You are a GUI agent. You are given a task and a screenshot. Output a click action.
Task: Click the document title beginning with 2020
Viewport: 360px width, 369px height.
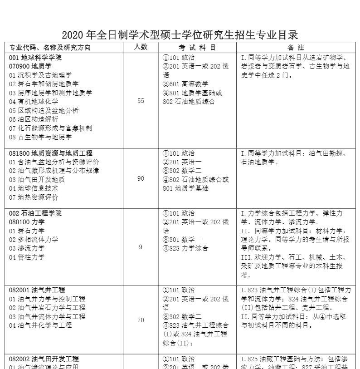point(180,35)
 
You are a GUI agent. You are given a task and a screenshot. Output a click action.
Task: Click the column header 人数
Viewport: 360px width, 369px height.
point(141,47)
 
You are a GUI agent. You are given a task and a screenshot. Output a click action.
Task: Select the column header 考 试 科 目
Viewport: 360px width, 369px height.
point(197,47)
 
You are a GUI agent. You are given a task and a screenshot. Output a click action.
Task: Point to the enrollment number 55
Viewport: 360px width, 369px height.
point(141,101)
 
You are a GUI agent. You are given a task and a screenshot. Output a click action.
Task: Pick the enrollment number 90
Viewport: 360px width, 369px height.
point(141,179)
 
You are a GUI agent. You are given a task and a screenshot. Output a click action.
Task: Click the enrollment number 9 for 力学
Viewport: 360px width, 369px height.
point(141,247)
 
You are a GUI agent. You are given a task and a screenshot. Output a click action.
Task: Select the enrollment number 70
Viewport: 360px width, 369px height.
point(141,320)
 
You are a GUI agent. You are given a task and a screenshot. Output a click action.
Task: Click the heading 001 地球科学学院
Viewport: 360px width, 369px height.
point(35,58)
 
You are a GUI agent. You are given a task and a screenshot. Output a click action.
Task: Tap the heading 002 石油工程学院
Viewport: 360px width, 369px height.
point(35,213)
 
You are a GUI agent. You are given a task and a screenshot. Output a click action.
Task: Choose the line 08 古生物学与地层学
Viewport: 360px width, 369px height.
point(40,137)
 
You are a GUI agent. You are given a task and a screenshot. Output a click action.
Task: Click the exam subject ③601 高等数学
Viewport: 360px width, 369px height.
point(185,84)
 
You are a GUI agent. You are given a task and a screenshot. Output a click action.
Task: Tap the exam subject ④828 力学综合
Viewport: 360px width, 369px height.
point(185,248)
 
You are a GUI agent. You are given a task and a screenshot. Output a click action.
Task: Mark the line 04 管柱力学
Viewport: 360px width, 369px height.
point(27,257)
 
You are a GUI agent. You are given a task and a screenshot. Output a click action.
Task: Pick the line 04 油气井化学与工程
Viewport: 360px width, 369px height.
point(40,325)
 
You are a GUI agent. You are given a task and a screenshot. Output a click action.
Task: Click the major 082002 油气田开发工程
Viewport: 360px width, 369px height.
point(44,359)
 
